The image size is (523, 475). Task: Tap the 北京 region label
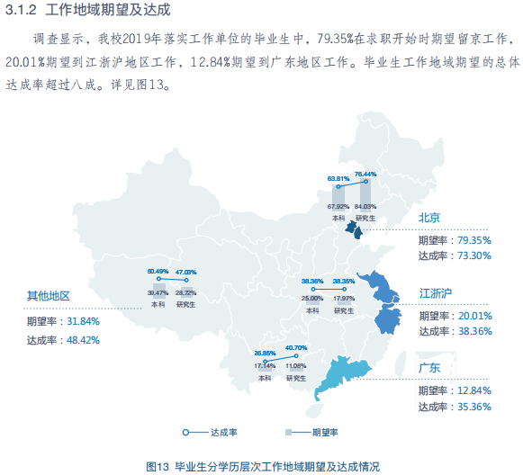click(429, 218)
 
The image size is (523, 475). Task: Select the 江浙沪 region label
click(436, 293)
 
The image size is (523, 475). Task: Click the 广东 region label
click(429, 368)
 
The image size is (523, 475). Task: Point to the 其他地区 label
click(48, 296)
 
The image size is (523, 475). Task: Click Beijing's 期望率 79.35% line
click(454, 240)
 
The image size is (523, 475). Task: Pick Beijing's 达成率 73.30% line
click(454, 255)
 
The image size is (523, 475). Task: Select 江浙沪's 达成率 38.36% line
click(454, 331)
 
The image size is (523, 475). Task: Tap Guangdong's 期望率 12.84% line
click(454, 390)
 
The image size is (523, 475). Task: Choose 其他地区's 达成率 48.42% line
click(63, 340)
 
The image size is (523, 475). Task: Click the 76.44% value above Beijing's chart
click(365, 174)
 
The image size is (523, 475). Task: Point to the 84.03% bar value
click(365, 207)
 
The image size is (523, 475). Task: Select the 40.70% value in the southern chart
click(296, 347)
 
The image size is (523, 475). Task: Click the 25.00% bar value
click(312, 299)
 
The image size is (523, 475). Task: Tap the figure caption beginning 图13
click(262, 465)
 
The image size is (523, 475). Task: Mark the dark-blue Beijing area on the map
click(356, 232)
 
